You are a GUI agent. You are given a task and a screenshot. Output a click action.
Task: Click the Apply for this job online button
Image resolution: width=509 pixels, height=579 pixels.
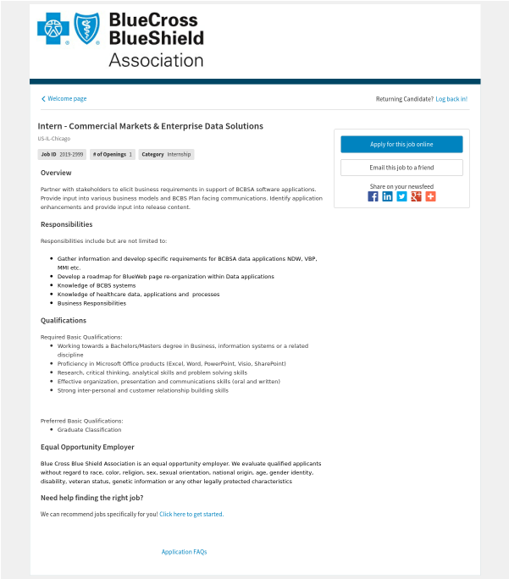(401, 145)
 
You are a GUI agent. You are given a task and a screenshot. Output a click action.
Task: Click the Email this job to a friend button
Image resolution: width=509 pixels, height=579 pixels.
(401, 168)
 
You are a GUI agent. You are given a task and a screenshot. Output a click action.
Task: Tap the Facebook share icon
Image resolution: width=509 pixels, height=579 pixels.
(373, 196)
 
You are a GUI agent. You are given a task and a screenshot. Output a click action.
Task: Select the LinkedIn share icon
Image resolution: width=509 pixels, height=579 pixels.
(387, 196)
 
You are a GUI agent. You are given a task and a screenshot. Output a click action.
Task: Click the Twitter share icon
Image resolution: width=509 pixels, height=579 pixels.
(401, 196)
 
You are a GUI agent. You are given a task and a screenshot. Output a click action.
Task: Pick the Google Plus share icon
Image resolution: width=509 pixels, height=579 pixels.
(416, 196)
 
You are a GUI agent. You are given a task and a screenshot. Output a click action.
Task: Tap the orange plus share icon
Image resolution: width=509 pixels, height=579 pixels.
(430, 196)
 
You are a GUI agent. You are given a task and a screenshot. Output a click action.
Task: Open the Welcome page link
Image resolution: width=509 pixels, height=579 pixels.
(64, 99)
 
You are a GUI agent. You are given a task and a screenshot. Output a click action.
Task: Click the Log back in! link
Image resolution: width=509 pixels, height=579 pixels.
(451, 99)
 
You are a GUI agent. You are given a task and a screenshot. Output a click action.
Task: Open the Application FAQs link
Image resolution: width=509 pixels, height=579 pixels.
(184, 552)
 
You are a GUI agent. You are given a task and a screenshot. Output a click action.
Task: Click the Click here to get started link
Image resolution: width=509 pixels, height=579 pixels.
(191, 514)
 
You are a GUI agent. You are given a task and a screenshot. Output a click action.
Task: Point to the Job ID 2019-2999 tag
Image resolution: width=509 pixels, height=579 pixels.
(62, 154)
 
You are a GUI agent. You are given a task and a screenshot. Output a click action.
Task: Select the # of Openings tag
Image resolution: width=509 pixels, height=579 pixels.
(112, 154)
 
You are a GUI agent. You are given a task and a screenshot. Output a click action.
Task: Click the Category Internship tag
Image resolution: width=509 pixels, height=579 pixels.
(166, 154)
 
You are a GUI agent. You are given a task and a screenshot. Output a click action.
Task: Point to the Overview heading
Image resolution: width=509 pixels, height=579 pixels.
(56, 173)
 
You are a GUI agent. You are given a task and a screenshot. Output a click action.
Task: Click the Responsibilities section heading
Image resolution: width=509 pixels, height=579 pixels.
(67, 224)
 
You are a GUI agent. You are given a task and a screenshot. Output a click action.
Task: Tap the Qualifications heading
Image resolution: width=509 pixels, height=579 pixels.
(64, 321)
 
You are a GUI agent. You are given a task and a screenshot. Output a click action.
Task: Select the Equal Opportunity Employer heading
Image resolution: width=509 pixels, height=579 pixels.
(87, 447)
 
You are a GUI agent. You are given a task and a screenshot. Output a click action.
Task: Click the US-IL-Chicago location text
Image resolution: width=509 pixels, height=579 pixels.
(53, 138)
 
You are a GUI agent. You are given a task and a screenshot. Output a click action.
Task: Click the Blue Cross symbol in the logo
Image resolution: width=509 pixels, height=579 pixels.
(54, 30)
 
